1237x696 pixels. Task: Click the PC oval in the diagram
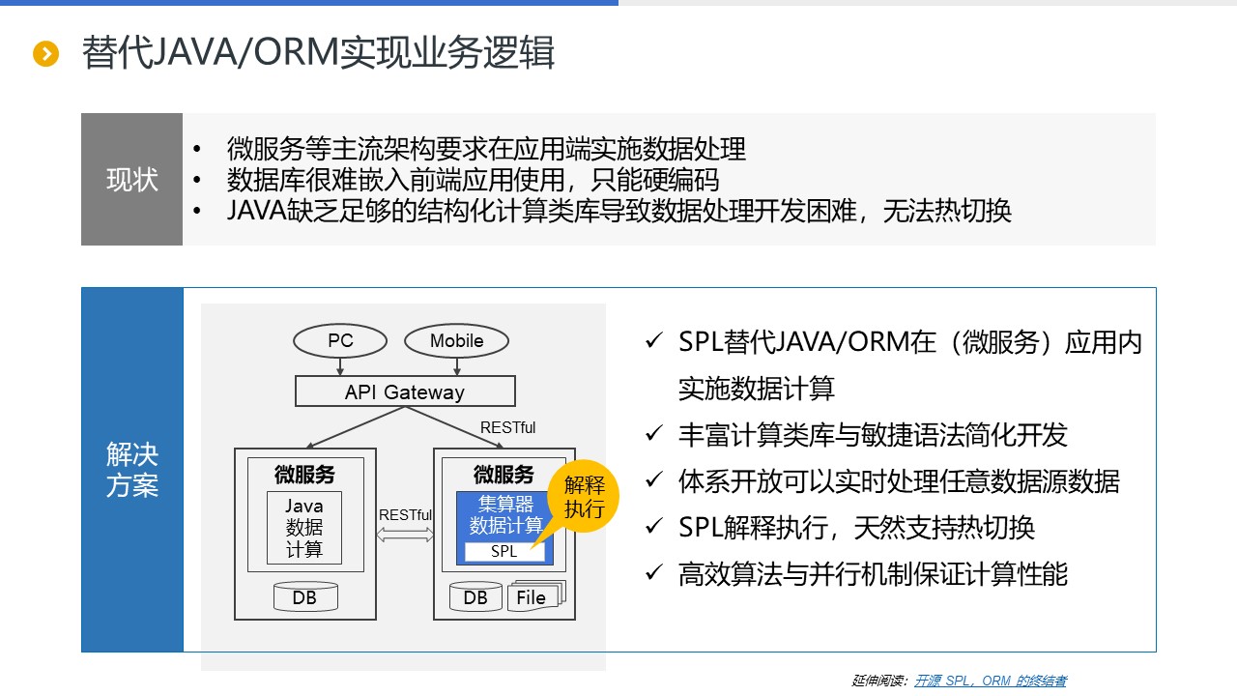tap(340, 340)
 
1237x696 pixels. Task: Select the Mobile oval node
tap(456, 340)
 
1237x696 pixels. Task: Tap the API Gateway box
tap(405, 391)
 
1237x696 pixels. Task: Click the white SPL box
tap(504, 552)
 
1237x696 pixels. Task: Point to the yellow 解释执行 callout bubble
tap(583, 497)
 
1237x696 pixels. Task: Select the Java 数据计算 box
tap(304, 528)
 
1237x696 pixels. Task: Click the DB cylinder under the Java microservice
tap(304, 597)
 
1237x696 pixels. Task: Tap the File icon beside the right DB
tap(533, 597)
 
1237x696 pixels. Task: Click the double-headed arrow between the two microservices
tap(405, 535)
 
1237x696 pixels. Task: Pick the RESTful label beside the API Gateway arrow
tap(507, 427)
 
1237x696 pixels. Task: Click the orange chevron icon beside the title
tap(46, 54)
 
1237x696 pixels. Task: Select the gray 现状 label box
tap(131, 180)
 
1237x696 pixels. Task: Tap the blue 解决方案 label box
tap(131, 470)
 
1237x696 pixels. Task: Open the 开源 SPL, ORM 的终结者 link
tap(990, 681)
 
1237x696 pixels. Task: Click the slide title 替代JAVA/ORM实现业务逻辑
tap(319, 53)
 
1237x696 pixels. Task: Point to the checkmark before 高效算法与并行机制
tap(654, 573)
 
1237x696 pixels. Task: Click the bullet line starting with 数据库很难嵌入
tap(473, 180)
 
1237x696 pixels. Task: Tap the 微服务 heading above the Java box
tap(304, 475)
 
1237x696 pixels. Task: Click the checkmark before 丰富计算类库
tap(654, 434)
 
